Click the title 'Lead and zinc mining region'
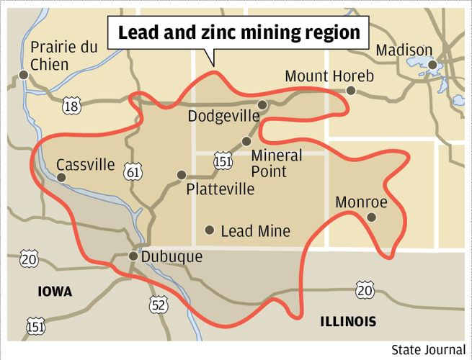[x=238, y=33]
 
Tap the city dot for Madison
[x=432, y=66]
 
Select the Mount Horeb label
[x=329, y=76]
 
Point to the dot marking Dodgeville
[x=262, y=105]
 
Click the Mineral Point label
[x=276, y=163]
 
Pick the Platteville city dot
[x=182, y=175]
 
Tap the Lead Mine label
[x=255, y=231]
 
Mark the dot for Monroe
[x=371, y=217]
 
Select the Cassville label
[x=85, y=165]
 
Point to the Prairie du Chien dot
[x=24, y=74]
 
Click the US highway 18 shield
[x=71, y=107]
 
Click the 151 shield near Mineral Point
[x=223, y=161]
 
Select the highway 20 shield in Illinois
[x=364, y=289]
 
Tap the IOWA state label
[x=55, y=292]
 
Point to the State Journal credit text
[x=429, y=350]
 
